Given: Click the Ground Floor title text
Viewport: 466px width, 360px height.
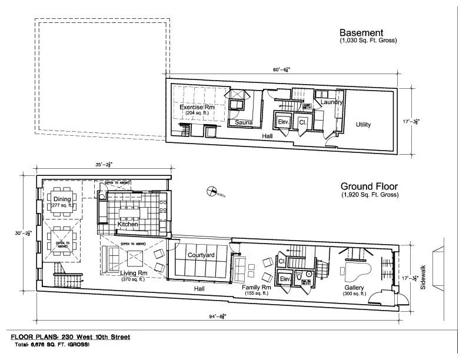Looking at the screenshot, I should [369, 186].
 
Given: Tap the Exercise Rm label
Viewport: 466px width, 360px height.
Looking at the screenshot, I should [197, 107].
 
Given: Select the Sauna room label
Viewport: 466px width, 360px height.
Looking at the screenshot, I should [244, 123].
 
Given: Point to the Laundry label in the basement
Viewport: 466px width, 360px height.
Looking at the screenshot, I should [332, 102].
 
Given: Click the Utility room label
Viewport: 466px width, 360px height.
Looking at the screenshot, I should [363, 124].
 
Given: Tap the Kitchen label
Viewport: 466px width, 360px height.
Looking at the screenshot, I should [128, 225].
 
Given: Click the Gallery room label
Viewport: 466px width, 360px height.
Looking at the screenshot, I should [354, 287].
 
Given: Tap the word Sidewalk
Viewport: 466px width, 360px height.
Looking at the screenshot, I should [422, 278].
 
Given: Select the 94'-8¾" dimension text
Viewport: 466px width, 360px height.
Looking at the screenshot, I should [218, 316].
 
